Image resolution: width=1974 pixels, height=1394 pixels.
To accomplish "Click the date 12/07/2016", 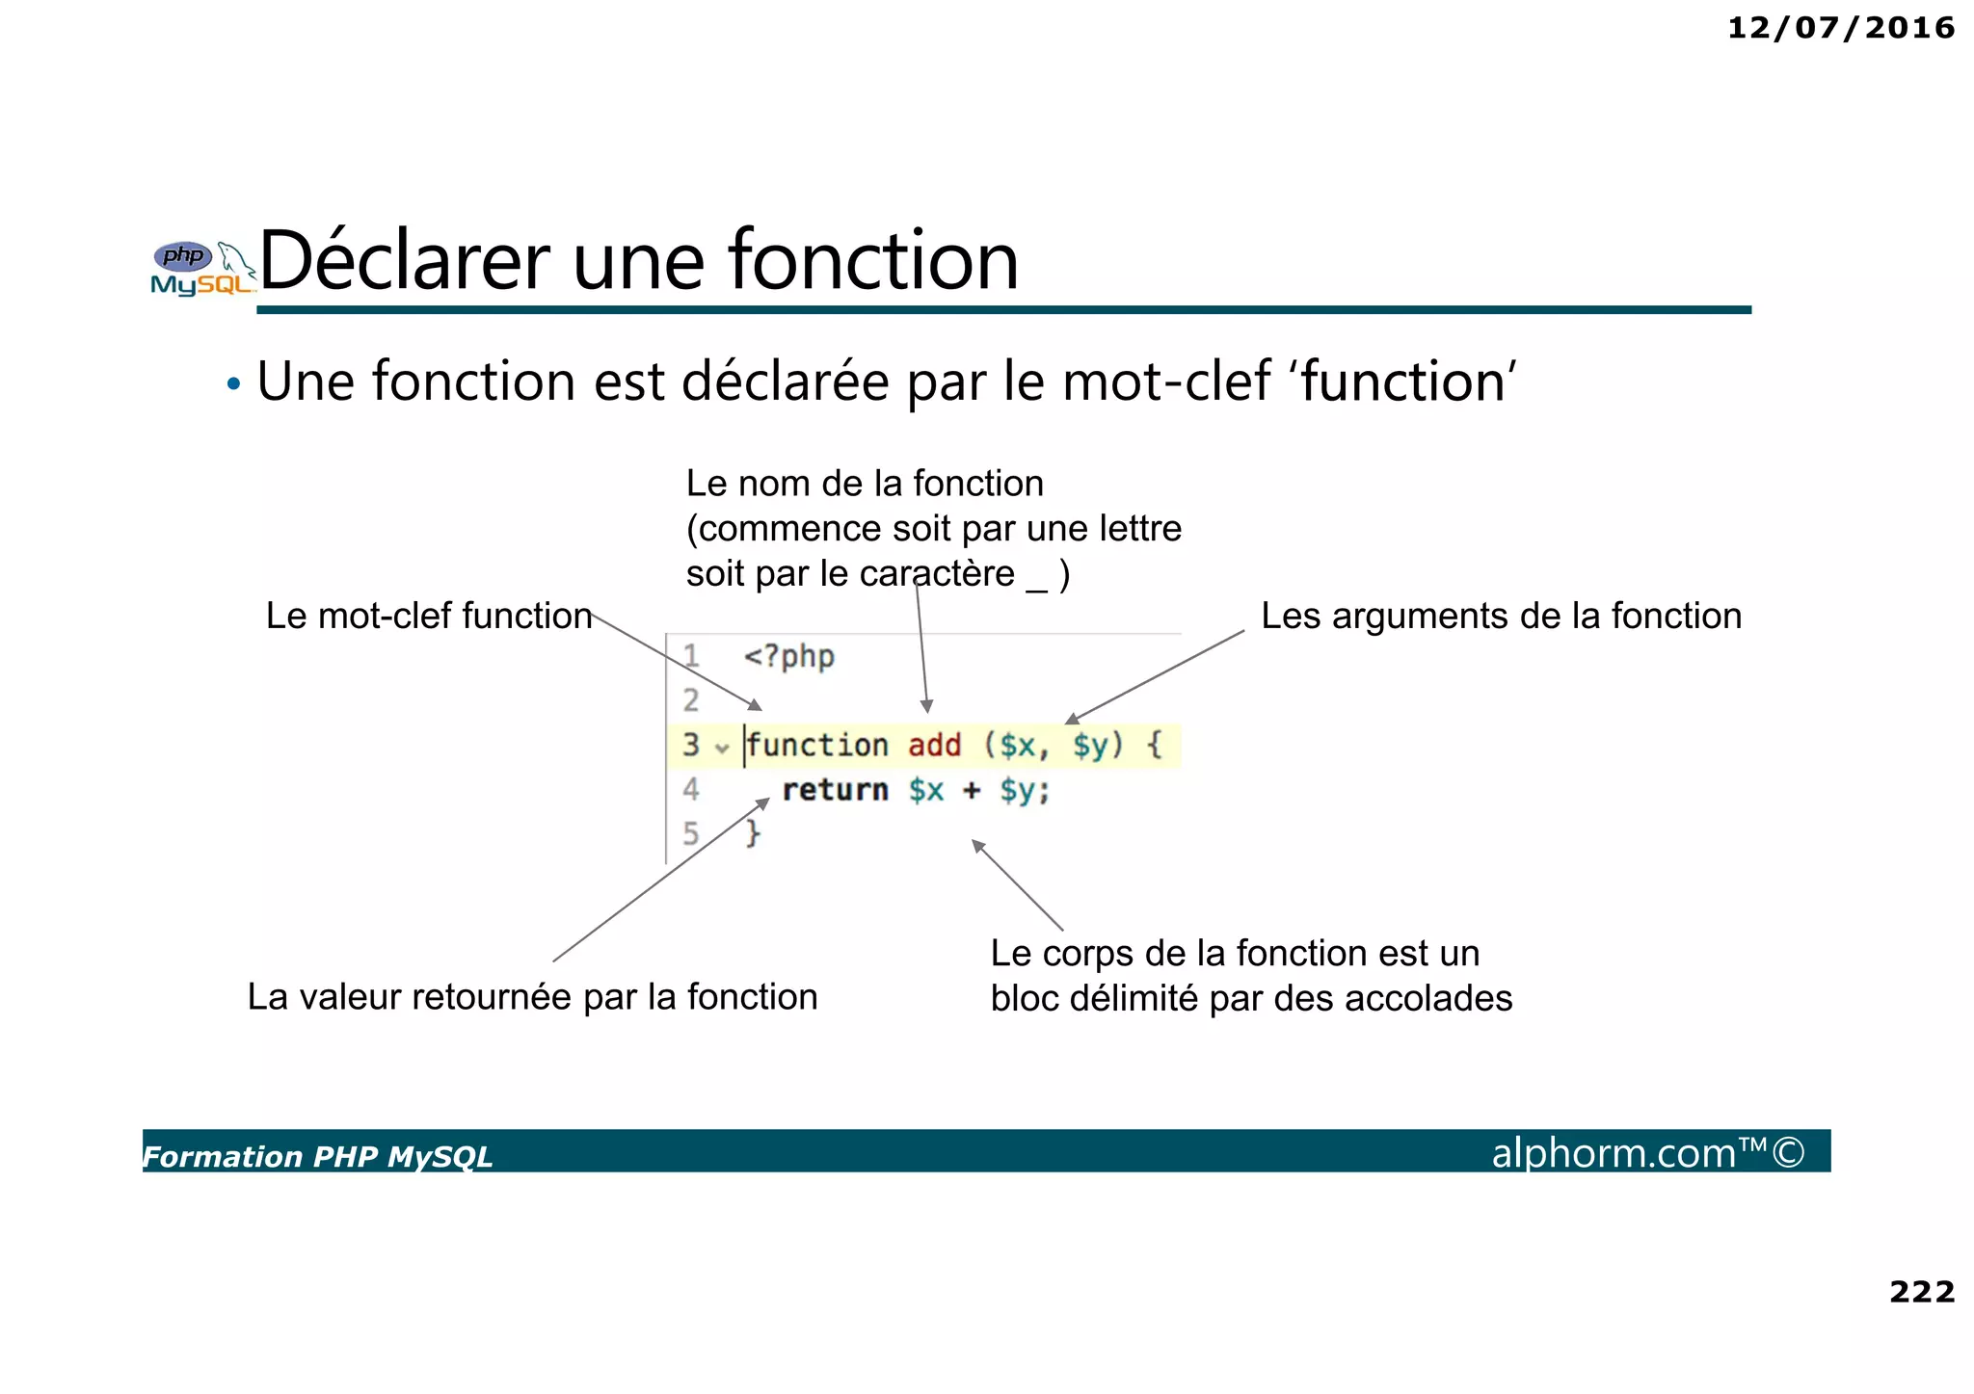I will (1840, 28).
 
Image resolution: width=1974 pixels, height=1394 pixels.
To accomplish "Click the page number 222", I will (1921, 1291).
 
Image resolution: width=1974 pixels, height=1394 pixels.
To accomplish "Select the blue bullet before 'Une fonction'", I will (232, 384).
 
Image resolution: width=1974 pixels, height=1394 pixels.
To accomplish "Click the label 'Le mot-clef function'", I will (429, 616).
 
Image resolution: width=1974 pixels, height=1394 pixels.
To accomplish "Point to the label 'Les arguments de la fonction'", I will (1501, 616).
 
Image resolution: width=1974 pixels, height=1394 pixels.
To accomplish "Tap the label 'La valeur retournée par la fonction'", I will (532, 996).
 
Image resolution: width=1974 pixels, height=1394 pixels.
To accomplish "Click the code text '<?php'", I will (788, 657).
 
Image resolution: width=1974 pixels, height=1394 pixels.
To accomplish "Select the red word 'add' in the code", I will (934, 745).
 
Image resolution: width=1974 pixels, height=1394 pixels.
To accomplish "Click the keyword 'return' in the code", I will (835, 790).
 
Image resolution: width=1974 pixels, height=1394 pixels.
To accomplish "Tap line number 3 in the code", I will (690, 745).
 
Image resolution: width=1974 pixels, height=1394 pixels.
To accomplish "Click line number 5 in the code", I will (690, 833).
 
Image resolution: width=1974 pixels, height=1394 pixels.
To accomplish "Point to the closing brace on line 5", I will (753, 833).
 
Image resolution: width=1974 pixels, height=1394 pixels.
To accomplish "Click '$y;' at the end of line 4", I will (1024, 790).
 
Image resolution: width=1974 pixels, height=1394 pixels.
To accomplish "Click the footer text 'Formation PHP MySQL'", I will (317, 1156).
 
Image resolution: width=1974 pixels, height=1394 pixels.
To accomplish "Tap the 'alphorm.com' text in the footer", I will (1614, 1152).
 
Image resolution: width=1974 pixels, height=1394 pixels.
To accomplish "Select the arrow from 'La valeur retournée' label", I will (661, 880).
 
